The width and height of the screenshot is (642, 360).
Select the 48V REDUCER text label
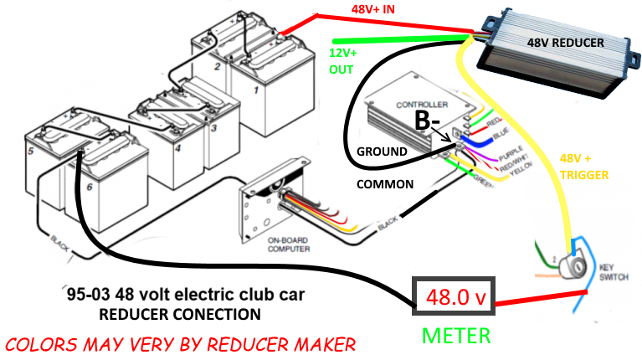point(565,42)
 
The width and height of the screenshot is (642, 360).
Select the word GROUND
point(382,152)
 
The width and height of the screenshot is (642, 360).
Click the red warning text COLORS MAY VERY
point(180,343)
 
